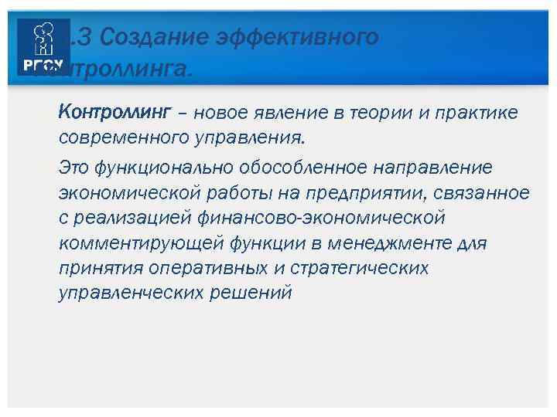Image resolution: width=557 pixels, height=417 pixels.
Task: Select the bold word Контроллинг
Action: (113, 114)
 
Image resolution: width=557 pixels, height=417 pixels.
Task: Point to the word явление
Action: (286, 114)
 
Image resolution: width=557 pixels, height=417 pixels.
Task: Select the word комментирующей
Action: (142, 243)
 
